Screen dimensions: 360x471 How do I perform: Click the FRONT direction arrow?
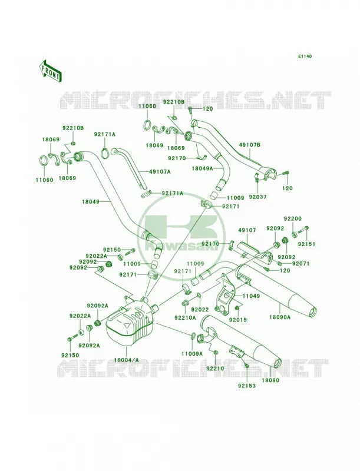(50, 71)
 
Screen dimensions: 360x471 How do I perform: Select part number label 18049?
(91, 202)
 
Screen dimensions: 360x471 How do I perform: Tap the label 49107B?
(250, 145)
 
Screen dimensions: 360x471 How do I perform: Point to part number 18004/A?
(126, 360)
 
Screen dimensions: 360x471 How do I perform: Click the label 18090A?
(280, 317)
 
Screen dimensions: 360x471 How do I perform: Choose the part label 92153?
(247, 386)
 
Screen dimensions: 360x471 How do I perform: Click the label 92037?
(258, 197)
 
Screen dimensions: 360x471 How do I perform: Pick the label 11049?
(251, 296)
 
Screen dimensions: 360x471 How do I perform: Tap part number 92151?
(307, 244)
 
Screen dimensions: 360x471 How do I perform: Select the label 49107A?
(160, 172)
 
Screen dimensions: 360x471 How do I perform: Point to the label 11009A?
(192, 354)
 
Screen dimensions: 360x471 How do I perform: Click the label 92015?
(237, 320)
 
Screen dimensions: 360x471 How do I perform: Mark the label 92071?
(300, 263)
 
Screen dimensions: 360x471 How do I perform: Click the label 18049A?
(203, 168)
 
